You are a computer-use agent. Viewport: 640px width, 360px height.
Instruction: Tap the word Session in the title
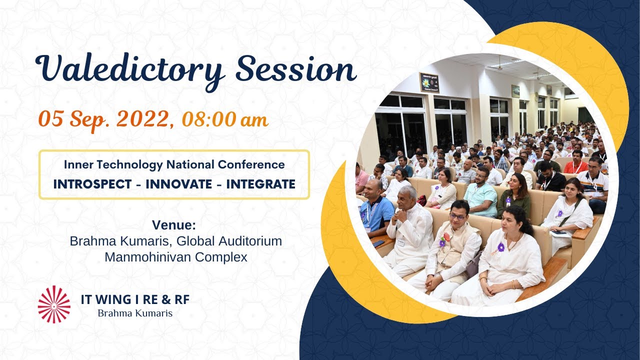[296, 69]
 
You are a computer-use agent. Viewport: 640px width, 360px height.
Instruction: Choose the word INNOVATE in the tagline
[178, 184]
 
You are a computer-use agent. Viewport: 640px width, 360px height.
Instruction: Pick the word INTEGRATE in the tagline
[260, 184]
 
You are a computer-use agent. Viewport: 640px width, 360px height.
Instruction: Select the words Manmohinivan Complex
[175, 257]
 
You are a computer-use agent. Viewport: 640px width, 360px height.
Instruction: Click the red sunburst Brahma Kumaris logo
[54, 304]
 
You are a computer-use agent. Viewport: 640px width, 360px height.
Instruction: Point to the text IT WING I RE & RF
[135, 300]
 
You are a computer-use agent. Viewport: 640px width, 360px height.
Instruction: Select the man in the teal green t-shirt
[480, 192]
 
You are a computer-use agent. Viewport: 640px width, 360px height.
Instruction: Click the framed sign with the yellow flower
[429, 82]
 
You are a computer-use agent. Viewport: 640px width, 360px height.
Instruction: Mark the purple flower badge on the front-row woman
[500, 247]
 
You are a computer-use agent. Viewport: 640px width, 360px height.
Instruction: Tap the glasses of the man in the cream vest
[457, 216]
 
